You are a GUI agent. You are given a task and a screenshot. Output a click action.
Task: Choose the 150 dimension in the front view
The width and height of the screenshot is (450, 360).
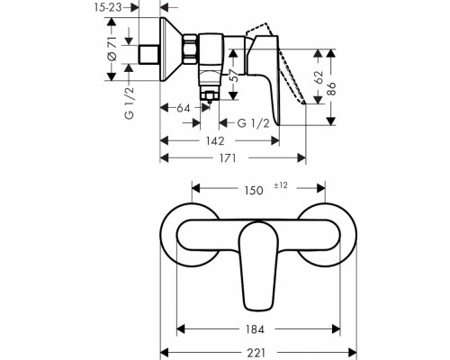click(255, 190)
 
